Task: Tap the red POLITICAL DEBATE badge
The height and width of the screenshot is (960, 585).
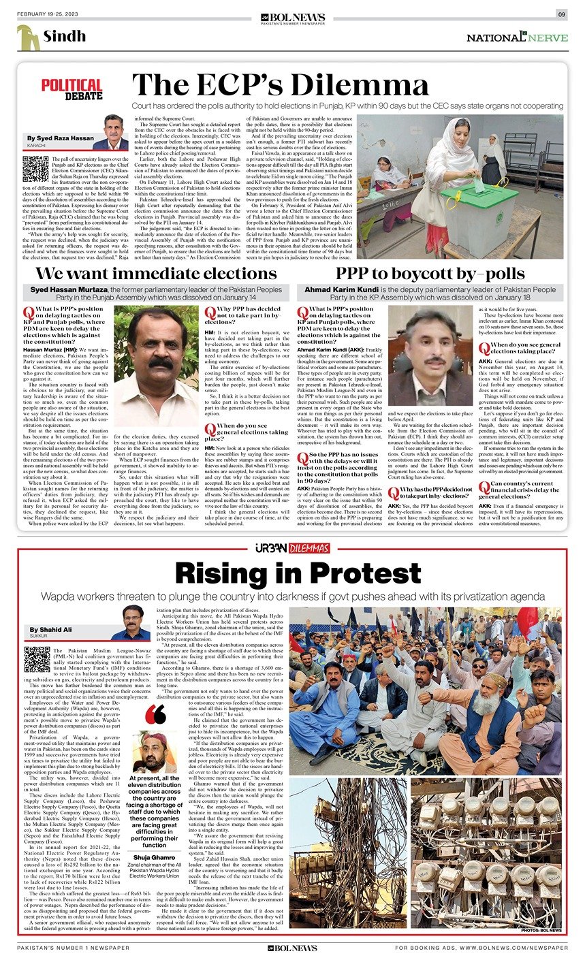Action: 72,89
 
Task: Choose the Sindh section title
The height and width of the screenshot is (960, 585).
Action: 64,37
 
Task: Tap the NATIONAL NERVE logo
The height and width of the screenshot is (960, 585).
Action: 517,38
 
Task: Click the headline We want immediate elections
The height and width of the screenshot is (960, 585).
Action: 157,274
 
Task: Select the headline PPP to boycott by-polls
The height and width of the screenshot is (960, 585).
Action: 430,274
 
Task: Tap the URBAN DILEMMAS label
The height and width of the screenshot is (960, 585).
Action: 292,549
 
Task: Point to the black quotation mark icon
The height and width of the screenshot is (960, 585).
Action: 155,715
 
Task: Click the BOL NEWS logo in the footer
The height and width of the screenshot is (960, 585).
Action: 292,948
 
